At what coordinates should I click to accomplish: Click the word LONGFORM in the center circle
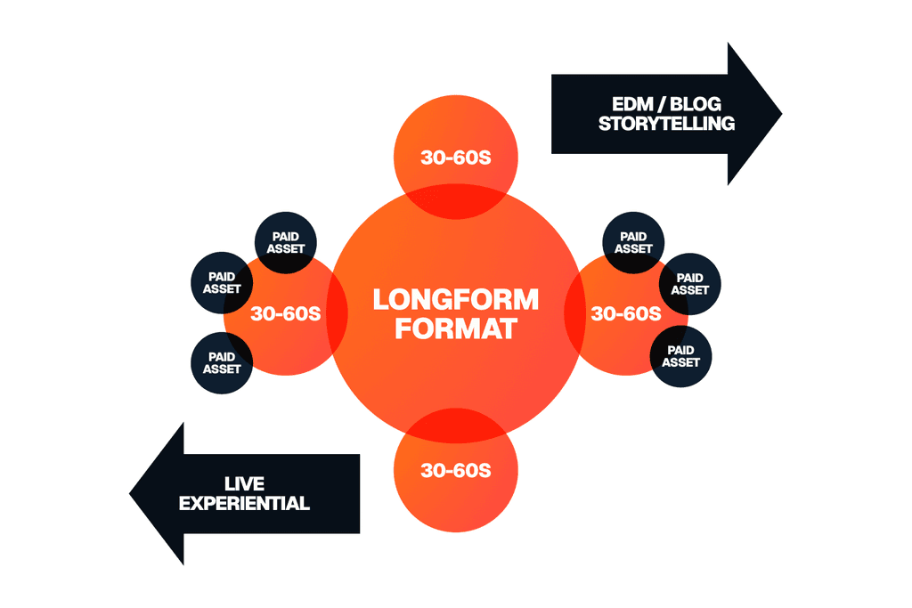click(x=455, y=298)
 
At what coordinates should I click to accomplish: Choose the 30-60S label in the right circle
click(x=625, y=313)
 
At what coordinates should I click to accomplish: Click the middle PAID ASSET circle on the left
click(x=222, y=283)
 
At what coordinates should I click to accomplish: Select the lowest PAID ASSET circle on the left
click(x=222, y=362)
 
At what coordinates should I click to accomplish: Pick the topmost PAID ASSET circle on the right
click(x=633, y=243)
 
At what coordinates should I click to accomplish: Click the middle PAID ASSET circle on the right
click(x=689, y=284)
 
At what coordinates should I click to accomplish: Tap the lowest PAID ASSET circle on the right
click(x=681, y=355)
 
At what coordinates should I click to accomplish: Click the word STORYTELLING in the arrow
click(x=666, y=124)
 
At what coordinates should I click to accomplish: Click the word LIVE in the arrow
click(x=244, y=482)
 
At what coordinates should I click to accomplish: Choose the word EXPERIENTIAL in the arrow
click(x=244, y=503)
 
